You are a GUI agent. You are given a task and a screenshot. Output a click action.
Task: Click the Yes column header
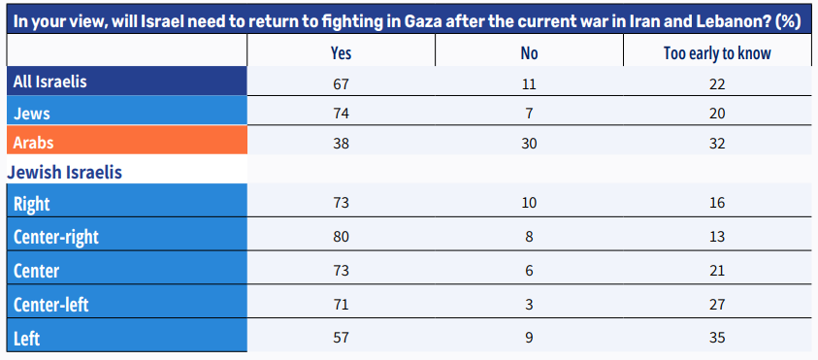coord(341,53)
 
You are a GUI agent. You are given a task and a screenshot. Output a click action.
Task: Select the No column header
coord(529,53)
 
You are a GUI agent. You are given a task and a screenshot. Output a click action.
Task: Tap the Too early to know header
coord(717,53)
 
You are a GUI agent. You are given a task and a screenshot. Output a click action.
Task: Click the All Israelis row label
coord(50,82)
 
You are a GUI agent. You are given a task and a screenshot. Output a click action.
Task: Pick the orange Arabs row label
coord(33,143)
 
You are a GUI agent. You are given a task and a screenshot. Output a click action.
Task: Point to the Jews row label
coord(32,114)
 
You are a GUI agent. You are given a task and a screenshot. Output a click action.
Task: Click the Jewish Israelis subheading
coord(65,172)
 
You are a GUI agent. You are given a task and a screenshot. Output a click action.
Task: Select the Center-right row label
coord(56,237)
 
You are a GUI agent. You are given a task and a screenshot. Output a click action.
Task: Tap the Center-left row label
coord(51,304)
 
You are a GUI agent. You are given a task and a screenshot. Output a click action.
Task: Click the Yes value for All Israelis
coord(341,84)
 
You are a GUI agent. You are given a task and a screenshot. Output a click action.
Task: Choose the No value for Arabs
coord(529,143)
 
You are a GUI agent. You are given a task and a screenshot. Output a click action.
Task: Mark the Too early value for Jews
coord(717,114)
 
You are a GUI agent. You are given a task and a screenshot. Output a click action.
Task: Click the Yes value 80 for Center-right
coord(341,237)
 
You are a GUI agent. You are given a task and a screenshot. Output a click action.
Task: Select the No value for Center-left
coord(529,304)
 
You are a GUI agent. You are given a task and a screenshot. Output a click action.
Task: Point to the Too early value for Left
coord(717,338)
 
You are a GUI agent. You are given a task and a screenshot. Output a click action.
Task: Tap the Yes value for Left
coord(341,338)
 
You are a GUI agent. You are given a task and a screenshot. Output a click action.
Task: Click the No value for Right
coord(529,203)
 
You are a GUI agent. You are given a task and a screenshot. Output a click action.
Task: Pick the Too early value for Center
coord(717,271)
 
